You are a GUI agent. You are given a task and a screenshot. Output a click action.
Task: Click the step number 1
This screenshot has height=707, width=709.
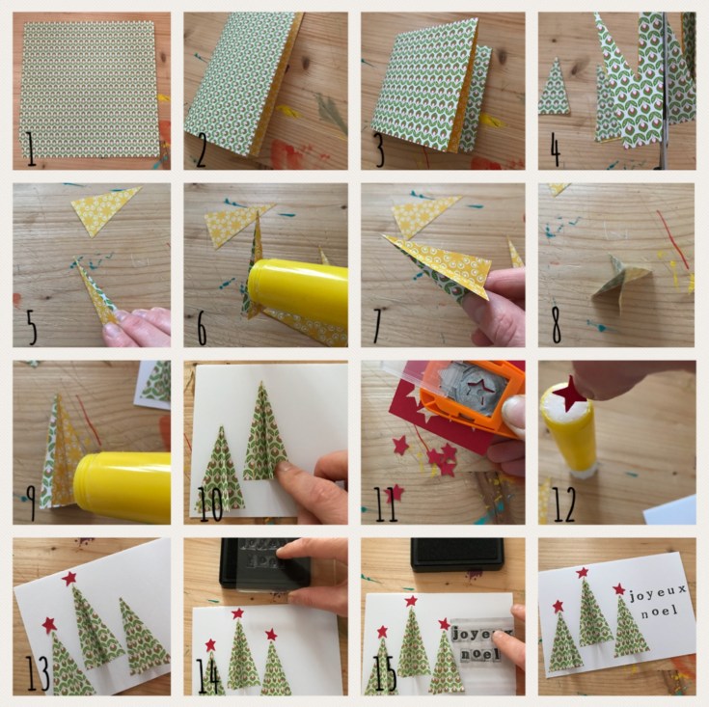tap(31, 150)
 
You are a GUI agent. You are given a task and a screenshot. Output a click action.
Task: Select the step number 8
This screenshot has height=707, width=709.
tap(557, 325)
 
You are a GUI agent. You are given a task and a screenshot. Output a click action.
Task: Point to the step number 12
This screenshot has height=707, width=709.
tap(564, 504)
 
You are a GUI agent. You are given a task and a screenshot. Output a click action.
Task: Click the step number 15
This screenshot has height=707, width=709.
tap(386, 673)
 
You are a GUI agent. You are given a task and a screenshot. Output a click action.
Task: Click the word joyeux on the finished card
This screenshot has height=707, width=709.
tap(658, 593)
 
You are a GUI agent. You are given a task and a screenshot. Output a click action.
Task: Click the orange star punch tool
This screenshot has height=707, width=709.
tap(471, 397)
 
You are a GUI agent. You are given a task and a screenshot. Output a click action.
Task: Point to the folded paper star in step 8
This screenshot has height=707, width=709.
tap(619, 282)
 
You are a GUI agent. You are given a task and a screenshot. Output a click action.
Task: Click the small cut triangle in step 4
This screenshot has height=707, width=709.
tap(555, 87)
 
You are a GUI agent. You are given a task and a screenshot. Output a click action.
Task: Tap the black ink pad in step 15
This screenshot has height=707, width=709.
tap(456, 554)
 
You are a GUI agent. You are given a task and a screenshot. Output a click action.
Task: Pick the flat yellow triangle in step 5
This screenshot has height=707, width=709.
tap(105, 208)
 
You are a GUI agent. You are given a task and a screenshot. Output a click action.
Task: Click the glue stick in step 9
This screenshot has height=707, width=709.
tap(123, 487)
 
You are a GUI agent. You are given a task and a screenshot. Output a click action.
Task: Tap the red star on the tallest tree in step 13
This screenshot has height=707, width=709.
tap(69, 578)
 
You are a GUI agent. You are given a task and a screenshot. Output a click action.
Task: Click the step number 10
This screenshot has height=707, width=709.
tap(210, 503)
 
